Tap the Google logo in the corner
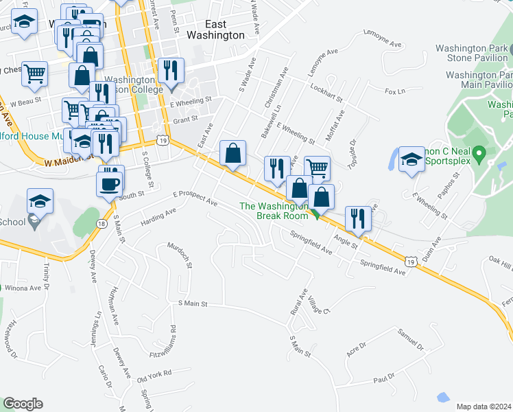23,404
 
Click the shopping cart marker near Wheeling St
317,169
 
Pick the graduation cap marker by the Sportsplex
411,160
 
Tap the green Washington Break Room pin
316,214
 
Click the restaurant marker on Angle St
358,219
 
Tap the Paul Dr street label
385,377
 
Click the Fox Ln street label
395,91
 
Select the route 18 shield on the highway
102,224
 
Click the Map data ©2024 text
484,406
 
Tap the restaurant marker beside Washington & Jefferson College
171,72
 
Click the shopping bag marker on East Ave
233,154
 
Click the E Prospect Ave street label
195,199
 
